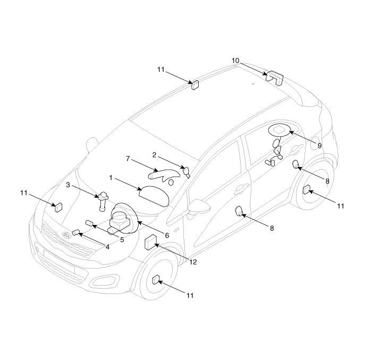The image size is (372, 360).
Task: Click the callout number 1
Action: click(111, 177)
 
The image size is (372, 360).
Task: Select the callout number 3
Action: click(68, 185)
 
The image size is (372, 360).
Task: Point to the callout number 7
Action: click(128, 159)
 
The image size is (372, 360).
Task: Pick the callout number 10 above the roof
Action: click(235, 61)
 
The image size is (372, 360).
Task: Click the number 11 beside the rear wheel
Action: click(341, 205)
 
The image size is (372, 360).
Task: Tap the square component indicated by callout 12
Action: click(150, 244)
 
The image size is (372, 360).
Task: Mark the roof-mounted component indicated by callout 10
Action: click(274, 76)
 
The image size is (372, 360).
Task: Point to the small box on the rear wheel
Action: click(307, 190)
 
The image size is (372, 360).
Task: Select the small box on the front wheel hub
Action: click(157, 280)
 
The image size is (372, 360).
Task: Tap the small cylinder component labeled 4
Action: click(76, 232)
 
